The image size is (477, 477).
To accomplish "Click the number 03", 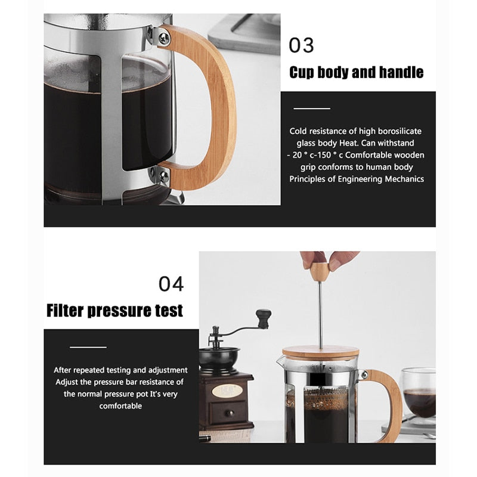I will click(x=301, y=46).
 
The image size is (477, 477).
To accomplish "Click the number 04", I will click(x=171, y=284).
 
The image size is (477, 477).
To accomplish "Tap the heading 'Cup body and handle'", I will click(x=356, y=73).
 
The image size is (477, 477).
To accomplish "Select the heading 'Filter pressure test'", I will click(x=114, y=311).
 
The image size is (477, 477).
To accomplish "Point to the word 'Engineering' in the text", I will click(x=364, y=179).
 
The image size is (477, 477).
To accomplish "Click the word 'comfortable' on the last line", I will click(x=120, y=405).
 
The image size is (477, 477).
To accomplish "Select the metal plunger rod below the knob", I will click(x=320, y=316).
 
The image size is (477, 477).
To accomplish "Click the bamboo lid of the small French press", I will click(x=320, y=352).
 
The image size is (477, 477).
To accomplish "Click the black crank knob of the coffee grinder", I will click(x=262, y=314).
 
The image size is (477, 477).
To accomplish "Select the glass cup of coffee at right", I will click(x=419, y=394).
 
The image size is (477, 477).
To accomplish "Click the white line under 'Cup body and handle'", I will click(x=312, y=109).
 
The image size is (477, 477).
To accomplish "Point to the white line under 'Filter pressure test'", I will click(x=88, y=346).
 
